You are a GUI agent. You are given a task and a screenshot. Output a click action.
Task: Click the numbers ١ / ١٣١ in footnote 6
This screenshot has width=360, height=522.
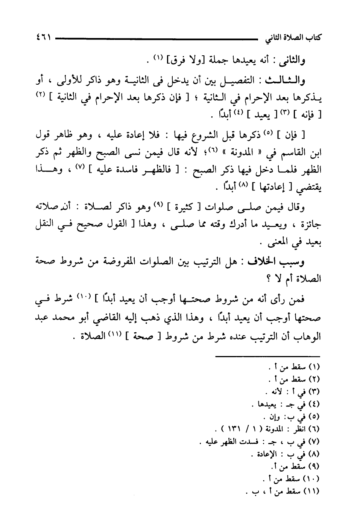click(x=235, y=429)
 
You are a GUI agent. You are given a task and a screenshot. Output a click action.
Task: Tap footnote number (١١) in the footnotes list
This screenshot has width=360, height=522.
click(x=313, y=492)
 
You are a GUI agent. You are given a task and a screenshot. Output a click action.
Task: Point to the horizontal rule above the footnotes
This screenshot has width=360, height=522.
click(x=267, y=356)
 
